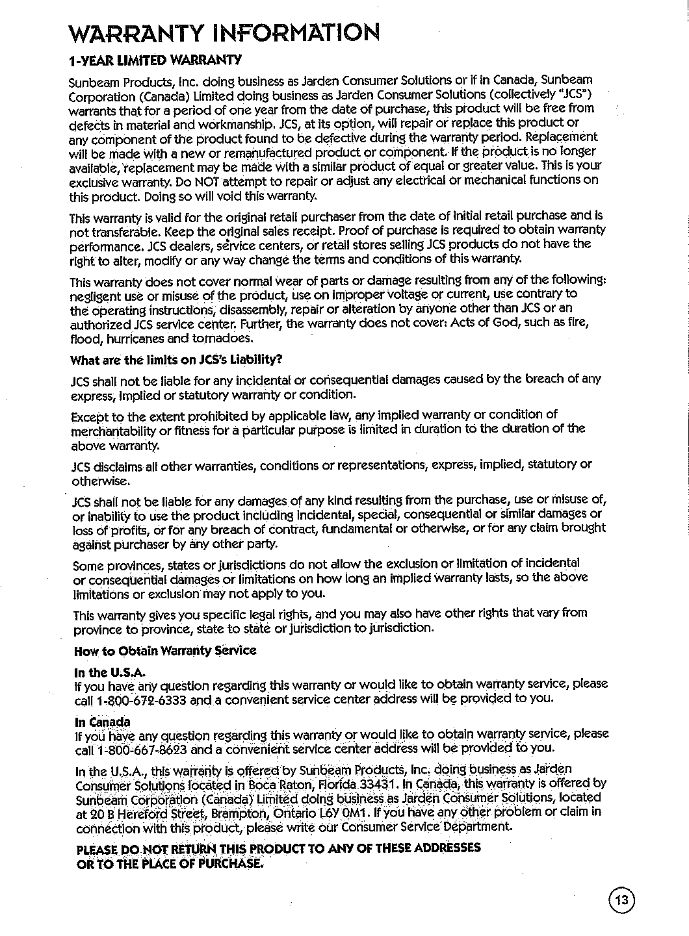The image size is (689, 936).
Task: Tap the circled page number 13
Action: click(622, 900)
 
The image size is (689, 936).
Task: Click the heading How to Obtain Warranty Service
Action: click(166, 650)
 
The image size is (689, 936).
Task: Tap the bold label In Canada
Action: click(103, 722)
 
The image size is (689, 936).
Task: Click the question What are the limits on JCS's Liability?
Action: click(176, 360)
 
